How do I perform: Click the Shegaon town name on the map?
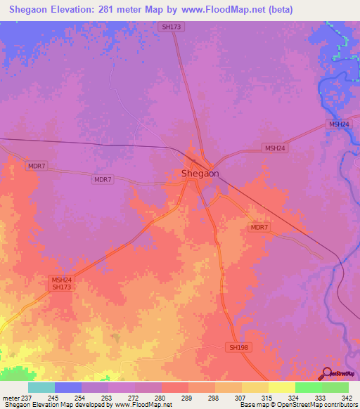click(200, 174)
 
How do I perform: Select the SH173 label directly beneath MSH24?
click(62, 287)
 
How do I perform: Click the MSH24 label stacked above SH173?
click(62, 280)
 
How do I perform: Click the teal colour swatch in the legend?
click(41, 387)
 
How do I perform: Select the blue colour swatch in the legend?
click(68, 387)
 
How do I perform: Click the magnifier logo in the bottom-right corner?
click(326, 373)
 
